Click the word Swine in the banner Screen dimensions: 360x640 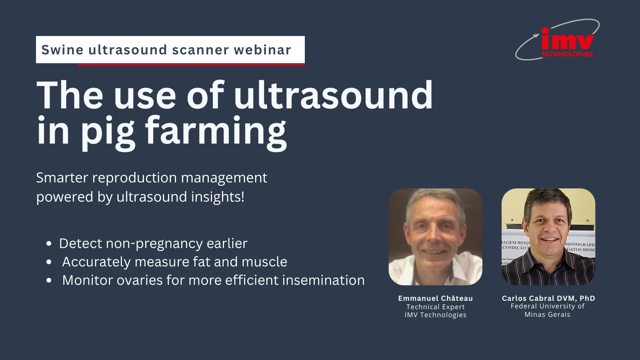62,50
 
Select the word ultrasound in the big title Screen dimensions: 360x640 333,96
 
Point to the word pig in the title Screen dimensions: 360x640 108,132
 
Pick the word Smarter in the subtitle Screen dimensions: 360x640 62,178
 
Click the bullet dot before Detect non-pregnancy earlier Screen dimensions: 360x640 49,244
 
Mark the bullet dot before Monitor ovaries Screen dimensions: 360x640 49,280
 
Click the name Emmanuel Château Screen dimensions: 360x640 435,298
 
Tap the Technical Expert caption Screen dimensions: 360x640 435,307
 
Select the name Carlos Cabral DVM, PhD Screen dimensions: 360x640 548,298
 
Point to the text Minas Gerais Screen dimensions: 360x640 547,315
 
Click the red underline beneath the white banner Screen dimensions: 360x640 191,64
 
